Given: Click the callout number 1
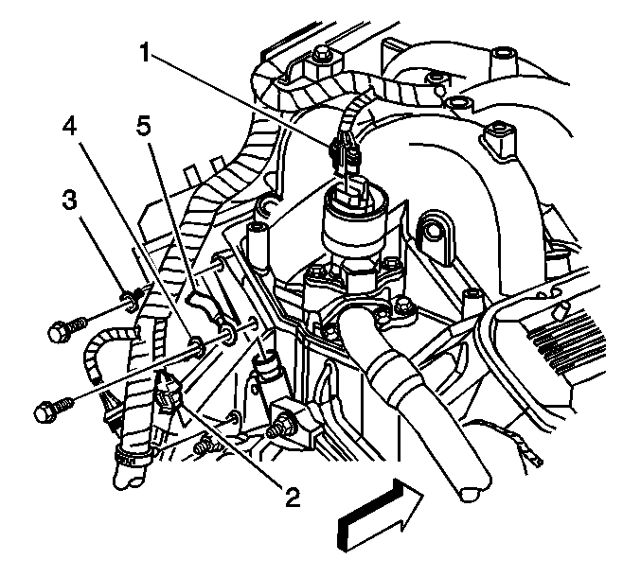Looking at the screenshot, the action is coord(146,52).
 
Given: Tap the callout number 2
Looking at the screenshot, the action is coord(293,497).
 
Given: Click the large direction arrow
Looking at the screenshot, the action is coord(380,516).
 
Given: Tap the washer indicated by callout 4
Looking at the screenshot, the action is coord(195,344).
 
